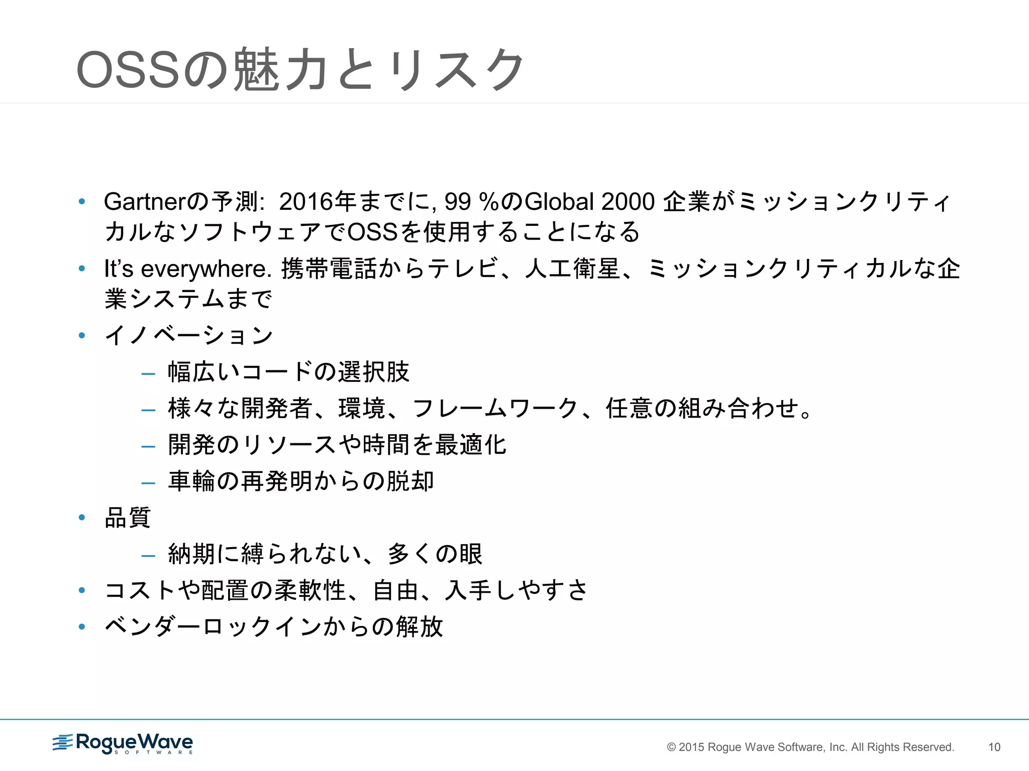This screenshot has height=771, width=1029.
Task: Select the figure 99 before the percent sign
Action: coord(457,202)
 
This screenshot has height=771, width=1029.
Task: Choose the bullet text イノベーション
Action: coord(189,335)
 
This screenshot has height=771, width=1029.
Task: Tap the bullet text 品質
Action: coord(128,518)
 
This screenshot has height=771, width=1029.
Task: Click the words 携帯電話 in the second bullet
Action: coord(329,269)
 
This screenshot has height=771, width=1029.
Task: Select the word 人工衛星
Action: coord(573,269)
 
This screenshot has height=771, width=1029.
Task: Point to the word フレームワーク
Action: coord(495,408)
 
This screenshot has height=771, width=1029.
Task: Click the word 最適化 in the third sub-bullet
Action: coord(471,445)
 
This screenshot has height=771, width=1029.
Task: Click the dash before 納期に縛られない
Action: coord(148,555)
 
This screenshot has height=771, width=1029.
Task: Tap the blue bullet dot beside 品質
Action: coord(82,518)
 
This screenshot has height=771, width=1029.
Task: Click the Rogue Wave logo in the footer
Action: coord(123,743)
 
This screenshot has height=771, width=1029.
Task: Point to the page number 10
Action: coord(994,747)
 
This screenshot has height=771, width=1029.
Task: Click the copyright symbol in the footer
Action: coord(671,747)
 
